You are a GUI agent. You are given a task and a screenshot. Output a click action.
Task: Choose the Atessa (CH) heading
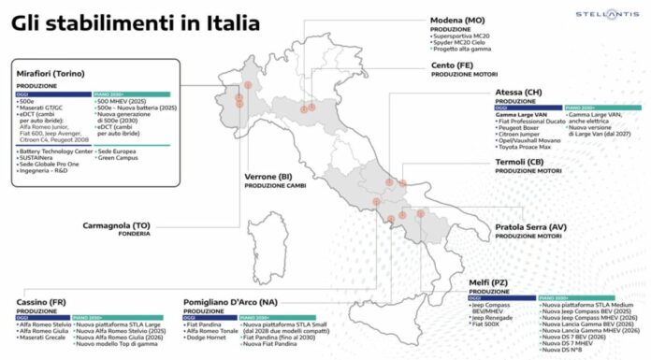coord(520,93)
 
